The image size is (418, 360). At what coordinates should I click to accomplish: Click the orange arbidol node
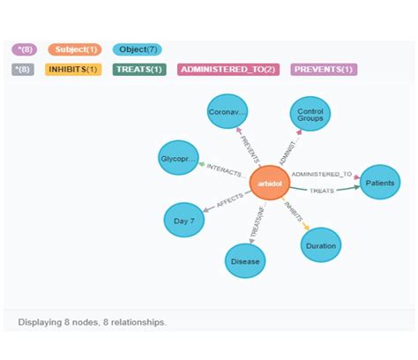[268, 184]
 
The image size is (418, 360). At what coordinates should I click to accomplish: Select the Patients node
[379, 184]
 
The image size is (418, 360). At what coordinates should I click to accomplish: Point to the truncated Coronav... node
[228, 114]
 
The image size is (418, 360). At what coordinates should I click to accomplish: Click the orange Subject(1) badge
[75, 49]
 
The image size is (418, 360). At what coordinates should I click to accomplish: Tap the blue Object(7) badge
[136, 49]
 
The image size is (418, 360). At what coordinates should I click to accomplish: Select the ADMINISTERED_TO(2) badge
[228, 69]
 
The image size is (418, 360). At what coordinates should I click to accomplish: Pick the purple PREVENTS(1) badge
[324, 69]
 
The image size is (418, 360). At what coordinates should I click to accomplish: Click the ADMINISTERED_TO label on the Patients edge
[321, 175]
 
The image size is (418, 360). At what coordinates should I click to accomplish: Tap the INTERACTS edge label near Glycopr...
[224, 170]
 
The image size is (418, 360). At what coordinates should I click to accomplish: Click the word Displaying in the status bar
[39, 322]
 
